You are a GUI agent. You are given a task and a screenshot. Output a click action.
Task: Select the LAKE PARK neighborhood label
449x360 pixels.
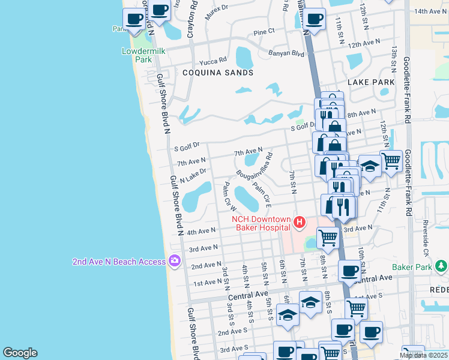click(x=371, y=82)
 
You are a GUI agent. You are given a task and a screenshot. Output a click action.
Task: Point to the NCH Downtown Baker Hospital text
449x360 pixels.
click(x=261, y=223)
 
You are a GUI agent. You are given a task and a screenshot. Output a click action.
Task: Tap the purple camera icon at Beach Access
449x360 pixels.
click(x=174, y=262)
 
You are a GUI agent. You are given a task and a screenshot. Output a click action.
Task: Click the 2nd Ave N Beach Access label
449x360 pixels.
click(x=119, y=262)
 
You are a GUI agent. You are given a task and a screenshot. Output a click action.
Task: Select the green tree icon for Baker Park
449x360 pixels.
click(x=441, y=266)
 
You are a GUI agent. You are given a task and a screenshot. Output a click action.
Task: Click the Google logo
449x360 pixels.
click(x=20, y=353)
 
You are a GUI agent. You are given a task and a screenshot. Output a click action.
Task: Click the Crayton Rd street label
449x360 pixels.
click(x=193, y=18)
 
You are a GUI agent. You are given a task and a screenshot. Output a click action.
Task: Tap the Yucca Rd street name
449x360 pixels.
click(x=214, y=60)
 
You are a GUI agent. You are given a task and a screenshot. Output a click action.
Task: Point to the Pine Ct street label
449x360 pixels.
click(x=264, y=31)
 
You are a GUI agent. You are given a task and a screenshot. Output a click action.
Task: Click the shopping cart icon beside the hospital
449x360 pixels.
click(x=328, y=238)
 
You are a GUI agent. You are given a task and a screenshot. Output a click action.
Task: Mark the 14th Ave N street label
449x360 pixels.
click(x=430, y=11)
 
